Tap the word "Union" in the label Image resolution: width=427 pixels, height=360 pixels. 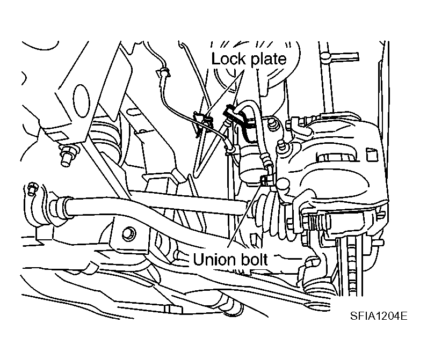214,259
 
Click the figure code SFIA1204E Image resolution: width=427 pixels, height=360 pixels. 379,316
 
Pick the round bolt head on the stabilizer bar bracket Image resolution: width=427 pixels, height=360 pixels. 128,233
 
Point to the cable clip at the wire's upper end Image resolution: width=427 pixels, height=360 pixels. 163,72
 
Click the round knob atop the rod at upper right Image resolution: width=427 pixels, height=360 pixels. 325,56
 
